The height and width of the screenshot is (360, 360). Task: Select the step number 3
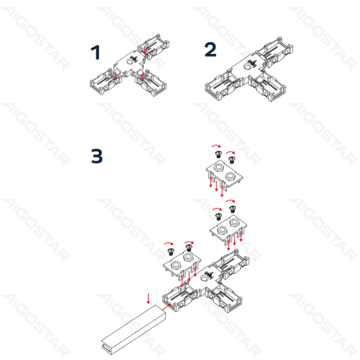tap(96, 156)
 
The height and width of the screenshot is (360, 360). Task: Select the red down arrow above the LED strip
tap(148, 298)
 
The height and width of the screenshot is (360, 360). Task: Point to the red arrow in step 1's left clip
tap(114, 76)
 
